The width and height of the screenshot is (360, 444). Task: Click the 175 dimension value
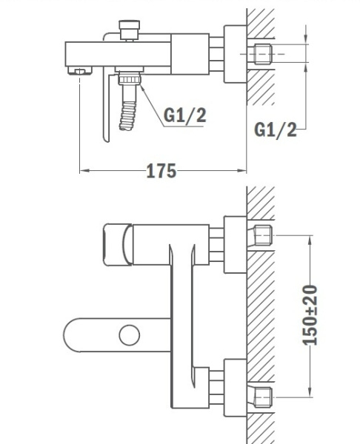161,172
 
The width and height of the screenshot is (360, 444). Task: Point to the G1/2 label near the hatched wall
275,129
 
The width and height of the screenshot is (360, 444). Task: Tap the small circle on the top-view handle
130,335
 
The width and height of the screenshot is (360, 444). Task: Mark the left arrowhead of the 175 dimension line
83,172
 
